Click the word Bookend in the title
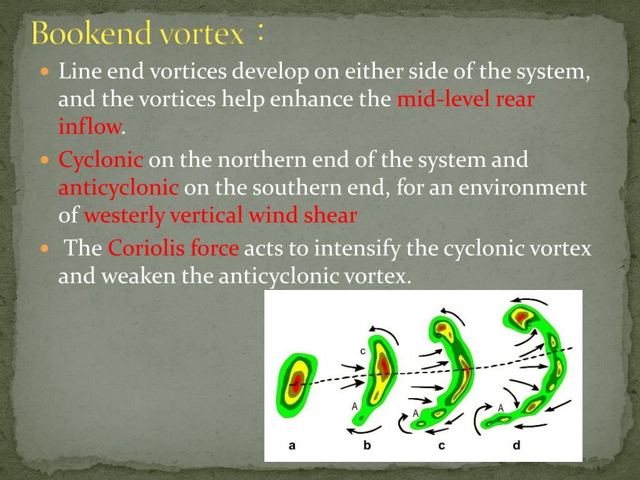[x=91, y=33]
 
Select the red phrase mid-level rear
[x=466, y=100]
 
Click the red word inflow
[x=89, y=127]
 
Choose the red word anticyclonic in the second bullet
[x=119, y=187]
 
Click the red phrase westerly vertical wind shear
[x=220, y=216]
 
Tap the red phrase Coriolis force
[x=174, y=248]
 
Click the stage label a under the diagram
[x=292, y=446]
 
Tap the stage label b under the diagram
[x=367, y=446]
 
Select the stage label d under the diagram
[x=516, y=446]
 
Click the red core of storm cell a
[x=297, y=381]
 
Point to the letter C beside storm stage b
[x=362, y=351]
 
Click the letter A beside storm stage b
[x=354, y=406]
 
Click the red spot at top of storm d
[x=520, y=317]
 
